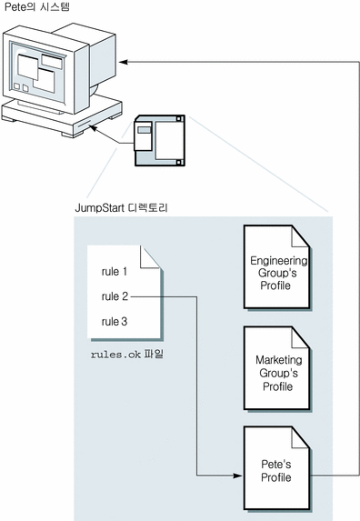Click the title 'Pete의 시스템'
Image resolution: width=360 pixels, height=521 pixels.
(x=37, y=7)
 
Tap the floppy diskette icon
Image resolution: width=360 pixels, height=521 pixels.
(x=159, y=140)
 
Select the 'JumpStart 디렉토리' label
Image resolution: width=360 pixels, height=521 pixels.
(x=121, y=208)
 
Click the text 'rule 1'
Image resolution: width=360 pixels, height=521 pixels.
(x=115, y=272)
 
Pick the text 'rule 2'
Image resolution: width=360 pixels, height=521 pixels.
(x=115, y=296)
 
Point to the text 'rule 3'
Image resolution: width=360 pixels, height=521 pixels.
(x=115, y=321)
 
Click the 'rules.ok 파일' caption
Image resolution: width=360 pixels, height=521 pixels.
(x=127, y=355)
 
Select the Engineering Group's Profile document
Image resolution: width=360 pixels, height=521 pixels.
(x=277, y=267)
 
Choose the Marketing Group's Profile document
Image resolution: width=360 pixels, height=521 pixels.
(x=277, y=368)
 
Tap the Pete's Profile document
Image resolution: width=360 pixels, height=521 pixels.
(x=277, y=468)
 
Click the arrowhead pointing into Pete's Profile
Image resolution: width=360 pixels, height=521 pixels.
(x=238, y=476)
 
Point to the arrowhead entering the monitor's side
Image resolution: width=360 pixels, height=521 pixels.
(x=124, y=62)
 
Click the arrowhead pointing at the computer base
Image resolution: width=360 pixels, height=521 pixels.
(x=94, y=128)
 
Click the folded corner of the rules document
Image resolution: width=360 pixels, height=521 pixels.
(x=150, y=256)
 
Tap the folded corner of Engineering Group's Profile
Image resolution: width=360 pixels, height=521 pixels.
(x=301, y=236)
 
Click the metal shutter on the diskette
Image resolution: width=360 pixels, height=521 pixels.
(x=143, y=136)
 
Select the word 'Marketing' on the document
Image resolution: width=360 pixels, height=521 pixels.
(x=278, y=360)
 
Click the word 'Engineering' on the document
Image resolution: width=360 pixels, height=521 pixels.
(x=278, y=261)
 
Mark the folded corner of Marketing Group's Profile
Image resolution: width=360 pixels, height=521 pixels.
(x=301, y=337)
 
